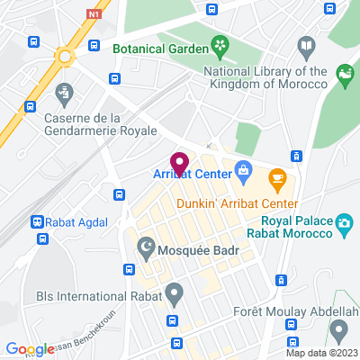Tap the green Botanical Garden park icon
pos(220,44)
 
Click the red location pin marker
pos(180,164)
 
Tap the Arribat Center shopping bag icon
pos(243,168)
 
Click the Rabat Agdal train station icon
pos(37,221)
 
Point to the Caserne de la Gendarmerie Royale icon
pos(64,92)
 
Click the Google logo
pos(29,349)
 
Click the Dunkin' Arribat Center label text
pos(237,203)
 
